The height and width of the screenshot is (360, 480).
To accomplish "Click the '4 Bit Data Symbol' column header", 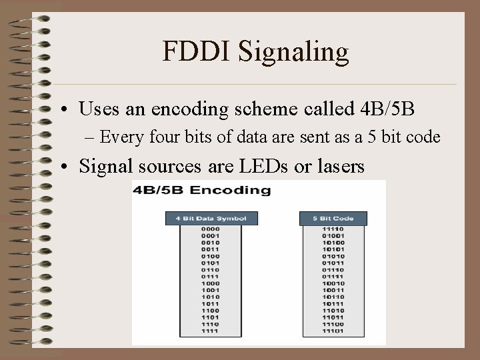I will (x=211, y=218).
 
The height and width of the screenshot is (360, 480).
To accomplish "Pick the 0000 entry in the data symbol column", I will (x=211, y=229).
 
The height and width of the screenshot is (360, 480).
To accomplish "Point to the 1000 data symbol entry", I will (x=211, y=284).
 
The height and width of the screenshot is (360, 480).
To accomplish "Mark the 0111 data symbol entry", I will (x=211, y=277).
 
